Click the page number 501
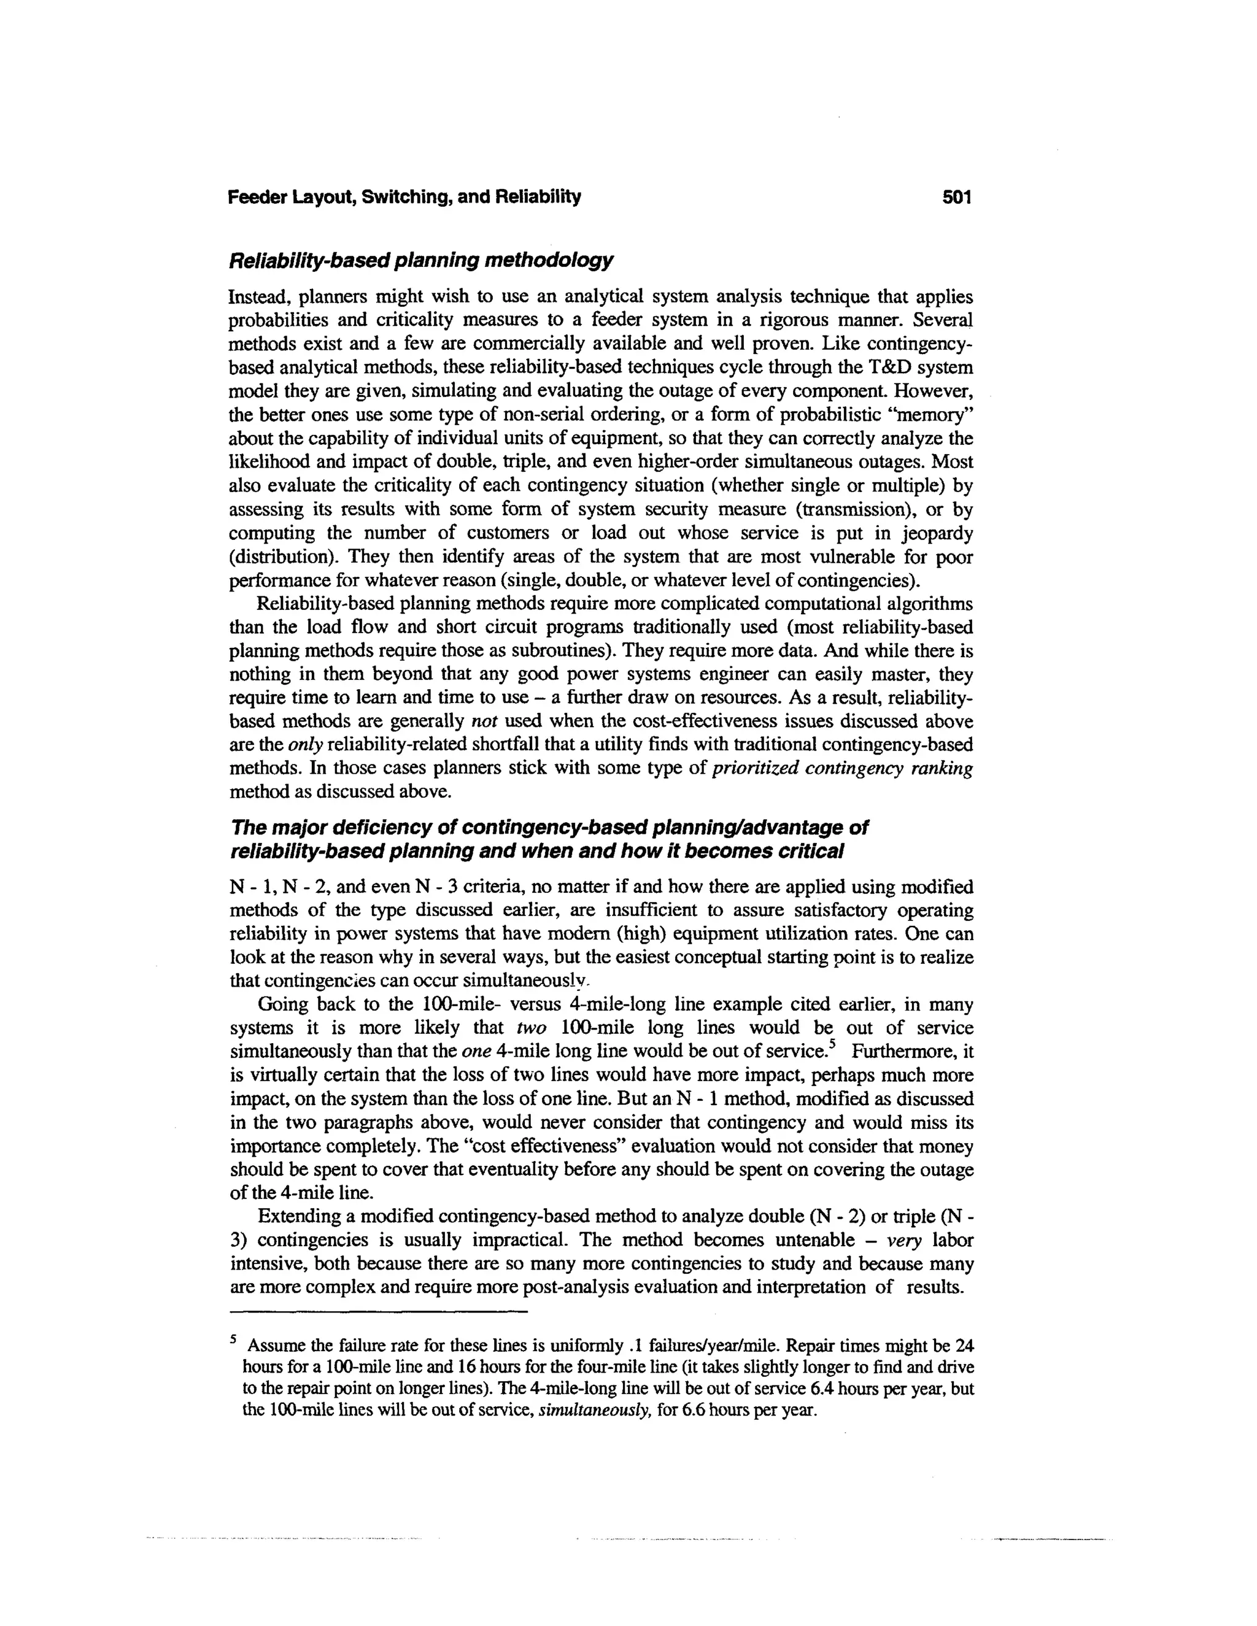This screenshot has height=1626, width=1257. tap(957, 198)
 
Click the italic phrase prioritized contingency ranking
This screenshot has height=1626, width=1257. tap(842, 768)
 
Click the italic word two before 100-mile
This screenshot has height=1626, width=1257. tap(532, 1028)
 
